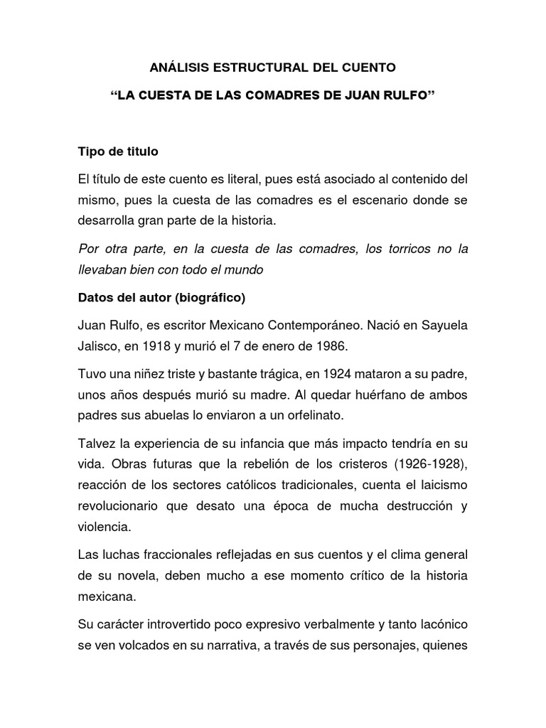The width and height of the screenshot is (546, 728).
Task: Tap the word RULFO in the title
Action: coord(405,95)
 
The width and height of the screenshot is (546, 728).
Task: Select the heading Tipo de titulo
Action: coord(119,151)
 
